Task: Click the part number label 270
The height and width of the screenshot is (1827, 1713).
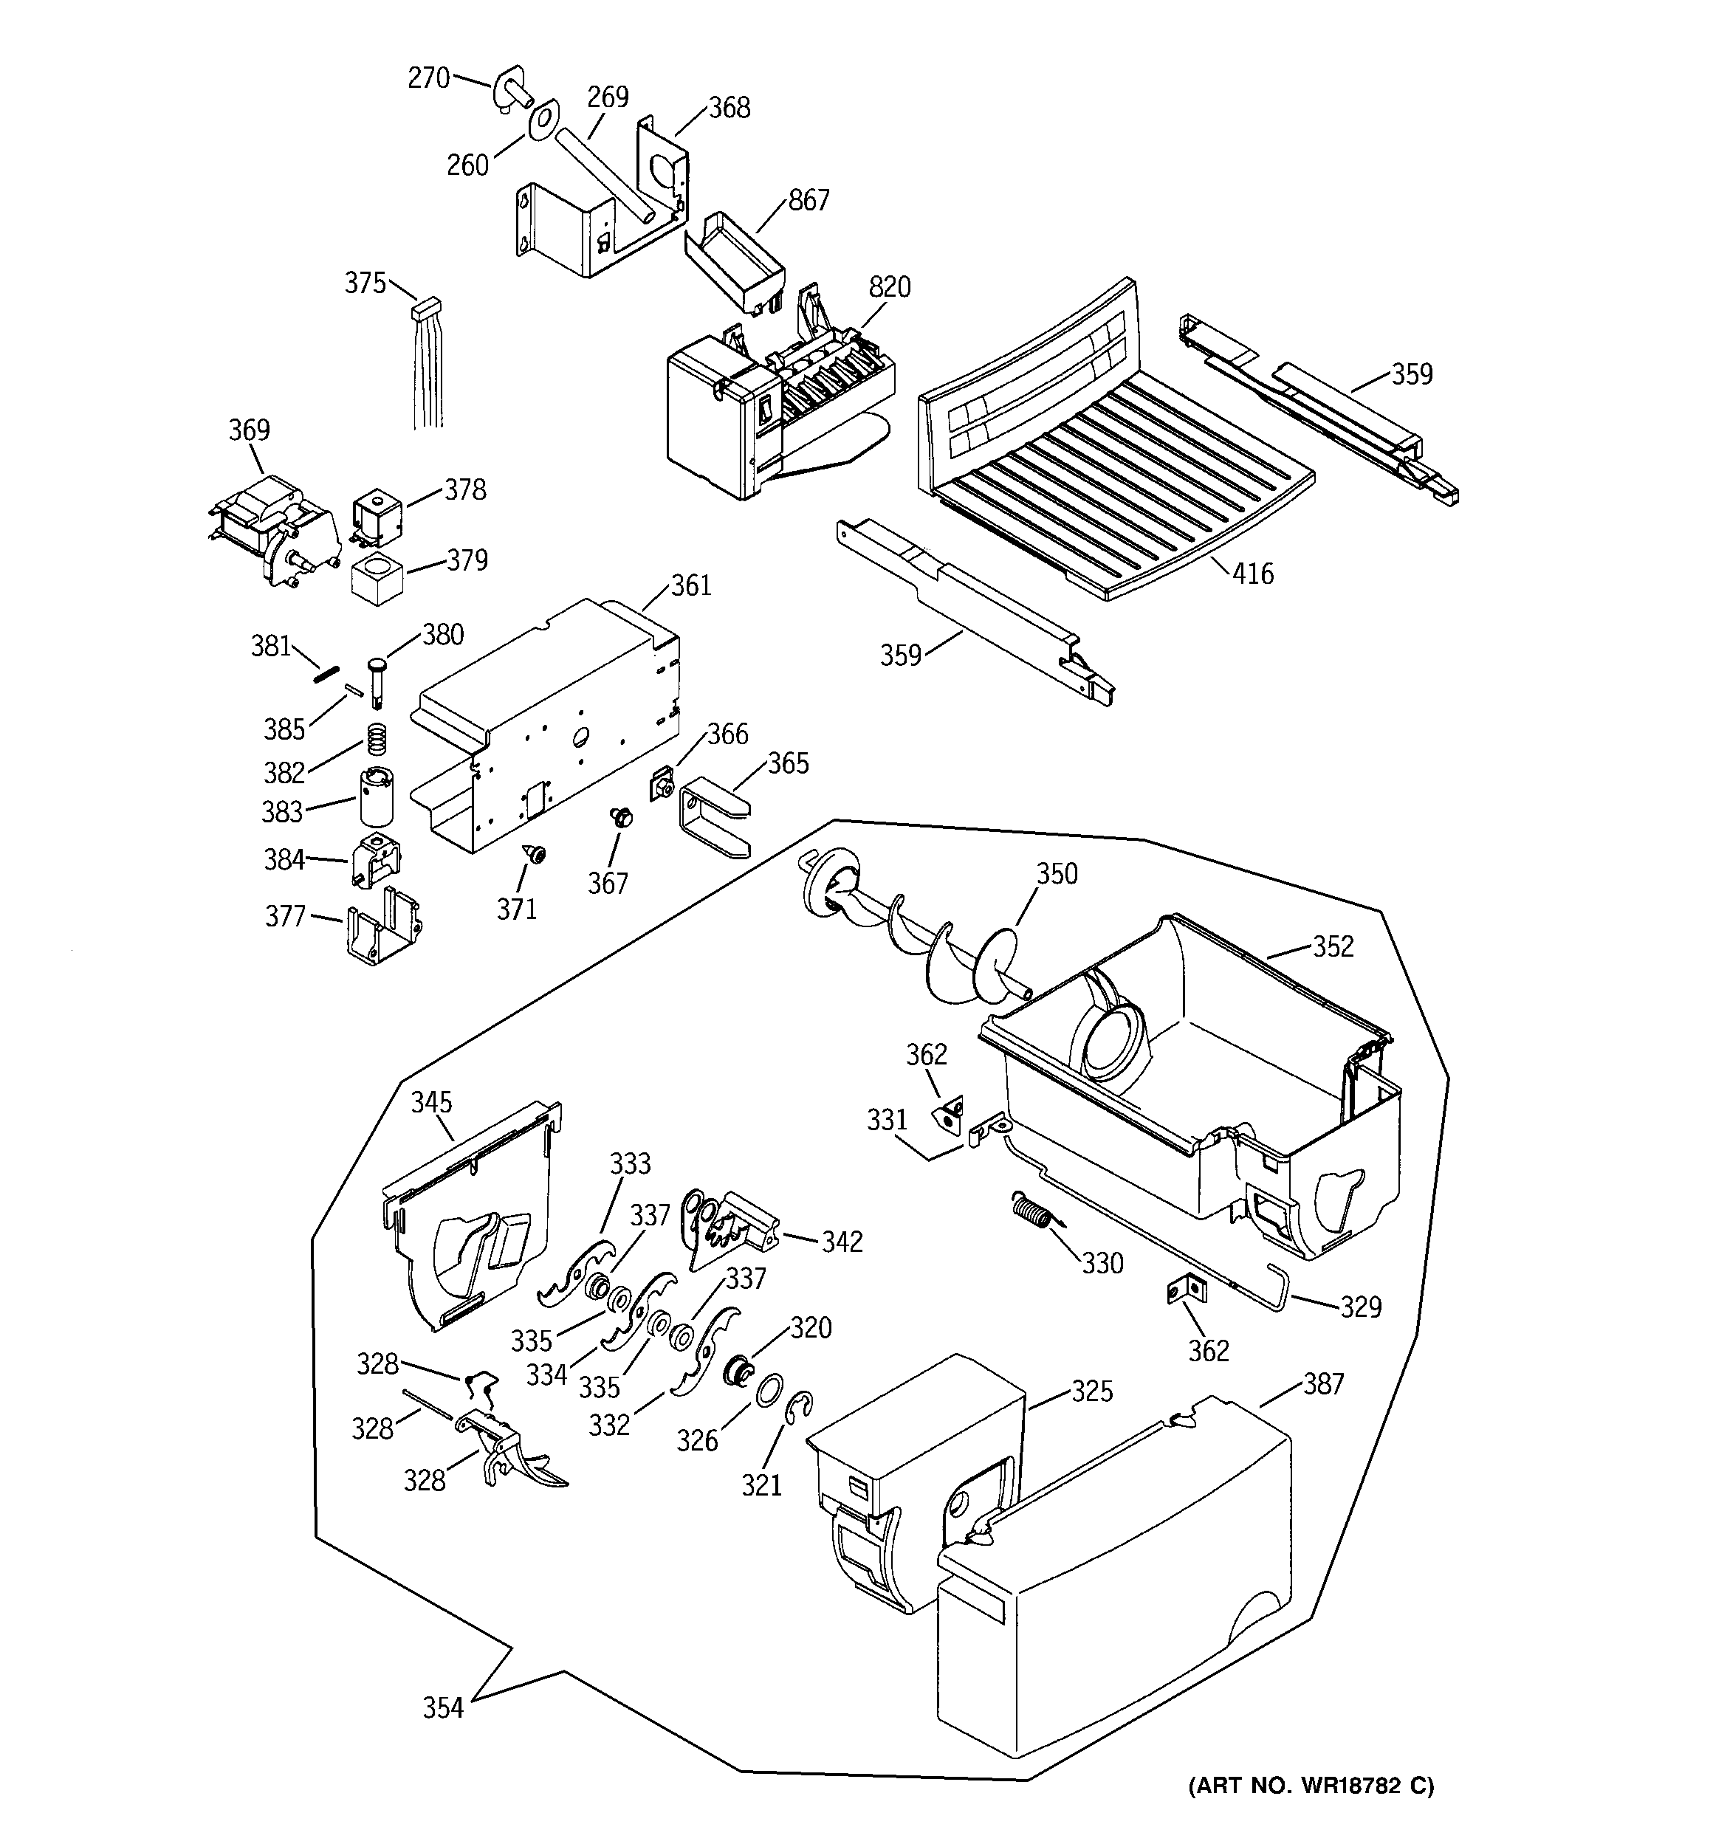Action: tap(428, 78)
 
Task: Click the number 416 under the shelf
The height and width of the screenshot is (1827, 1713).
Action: tap(1252, 574)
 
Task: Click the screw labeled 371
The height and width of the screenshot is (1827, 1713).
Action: tap(535, 855)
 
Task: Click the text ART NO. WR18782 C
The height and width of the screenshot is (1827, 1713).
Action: tap(1311, 1786)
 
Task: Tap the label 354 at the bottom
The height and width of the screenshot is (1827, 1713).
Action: tap(442, 1707)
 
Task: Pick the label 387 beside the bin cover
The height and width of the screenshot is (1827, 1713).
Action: tap(1323, 1384)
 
